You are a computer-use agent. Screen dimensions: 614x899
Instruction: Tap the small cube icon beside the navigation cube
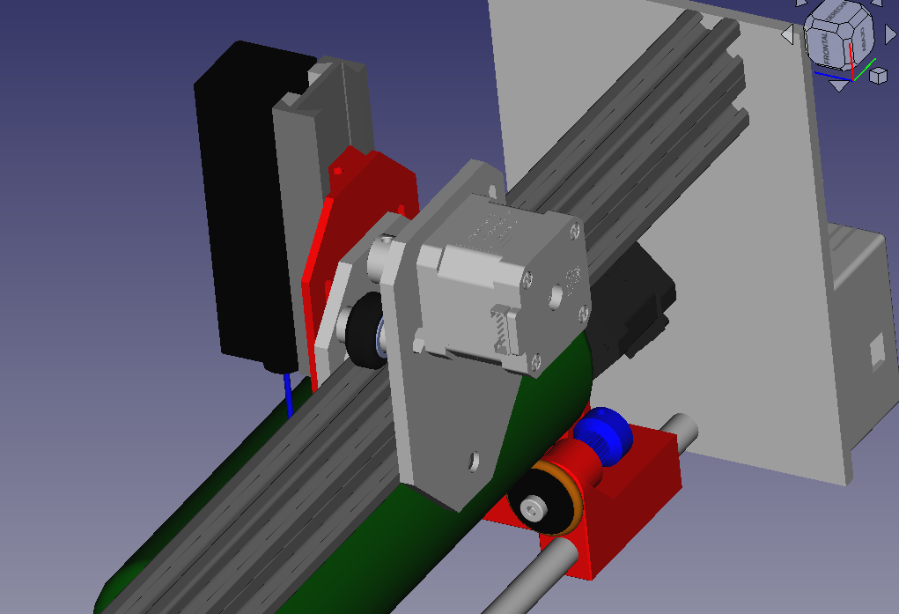[877, 76]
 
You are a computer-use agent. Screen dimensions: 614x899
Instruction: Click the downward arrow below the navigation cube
[839, 85]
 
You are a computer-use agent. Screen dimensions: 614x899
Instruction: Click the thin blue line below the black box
[287, 394]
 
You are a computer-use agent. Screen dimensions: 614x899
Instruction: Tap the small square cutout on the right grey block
[877, 350]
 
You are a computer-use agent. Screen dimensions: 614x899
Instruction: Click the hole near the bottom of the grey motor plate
[473, 460]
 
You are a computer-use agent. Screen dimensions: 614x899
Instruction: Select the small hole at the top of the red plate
[338, 167]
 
